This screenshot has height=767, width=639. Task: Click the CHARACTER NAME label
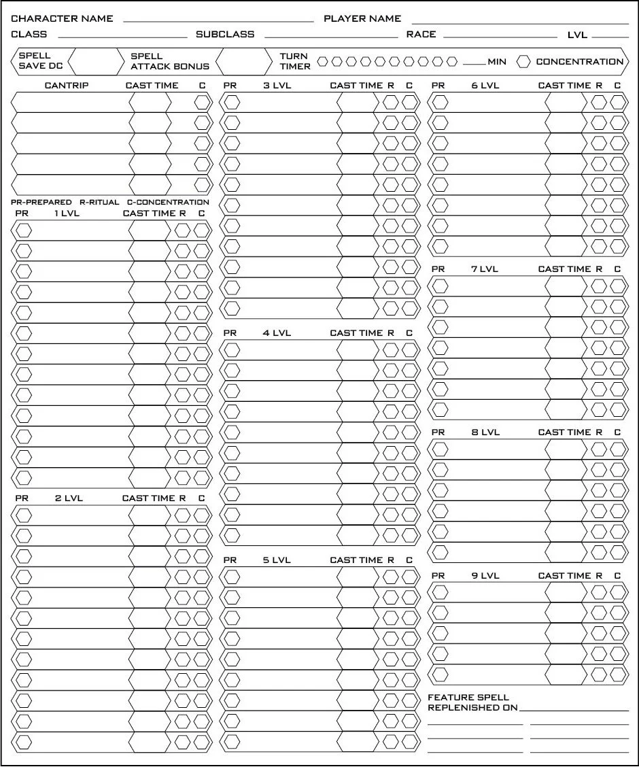click(x=62, y=18)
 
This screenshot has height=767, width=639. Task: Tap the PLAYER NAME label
click(x=362, y=18)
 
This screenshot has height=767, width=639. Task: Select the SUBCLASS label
click(x=225, y=34)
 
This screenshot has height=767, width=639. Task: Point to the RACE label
click(x=421, y=34)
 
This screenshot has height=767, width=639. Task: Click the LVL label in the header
click(x=577, y=35)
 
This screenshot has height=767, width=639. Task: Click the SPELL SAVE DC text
click(x=40, y=61)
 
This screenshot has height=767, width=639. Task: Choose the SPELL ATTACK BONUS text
click(x=169, y=61)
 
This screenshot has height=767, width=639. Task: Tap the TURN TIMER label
click(x=295, y=61)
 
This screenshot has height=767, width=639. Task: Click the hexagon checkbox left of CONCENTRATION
click(x=523, y=62)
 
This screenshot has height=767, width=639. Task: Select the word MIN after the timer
click(x=496, y=62)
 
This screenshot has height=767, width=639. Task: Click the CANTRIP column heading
click(x=66, y=86)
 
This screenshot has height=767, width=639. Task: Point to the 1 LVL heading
click(x=67, y=214)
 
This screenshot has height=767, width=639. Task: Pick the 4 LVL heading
click(x=277, y=333)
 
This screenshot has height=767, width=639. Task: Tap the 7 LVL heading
click(x=485, y=269)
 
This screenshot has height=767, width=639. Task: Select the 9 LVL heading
click(x=485, y=576)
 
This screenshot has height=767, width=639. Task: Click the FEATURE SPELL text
click(x=468, y=698)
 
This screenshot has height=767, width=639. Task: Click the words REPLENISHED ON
click(x=472, y=708)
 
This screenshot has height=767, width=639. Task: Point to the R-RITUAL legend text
click(x=99, y=203)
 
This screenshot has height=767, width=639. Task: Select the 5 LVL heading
click(x=277, y=560)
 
